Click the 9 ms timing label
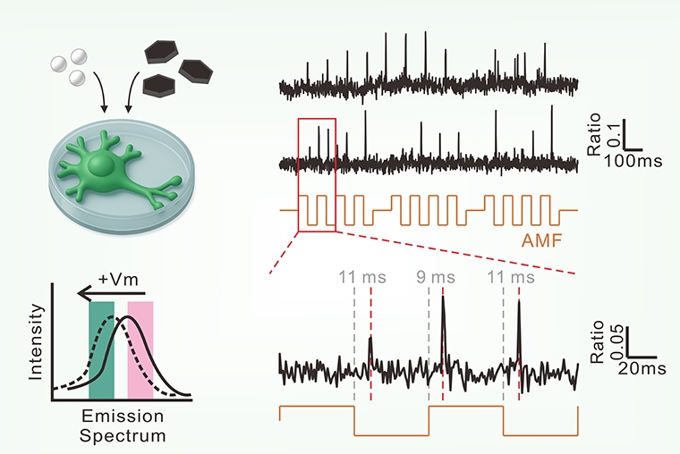(x=436, y=277)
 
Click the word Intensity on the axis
(x=36, y=344)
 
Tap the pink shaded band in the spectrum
(x=141, y=349)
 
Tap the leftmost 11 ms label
(x=361, y=277)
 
